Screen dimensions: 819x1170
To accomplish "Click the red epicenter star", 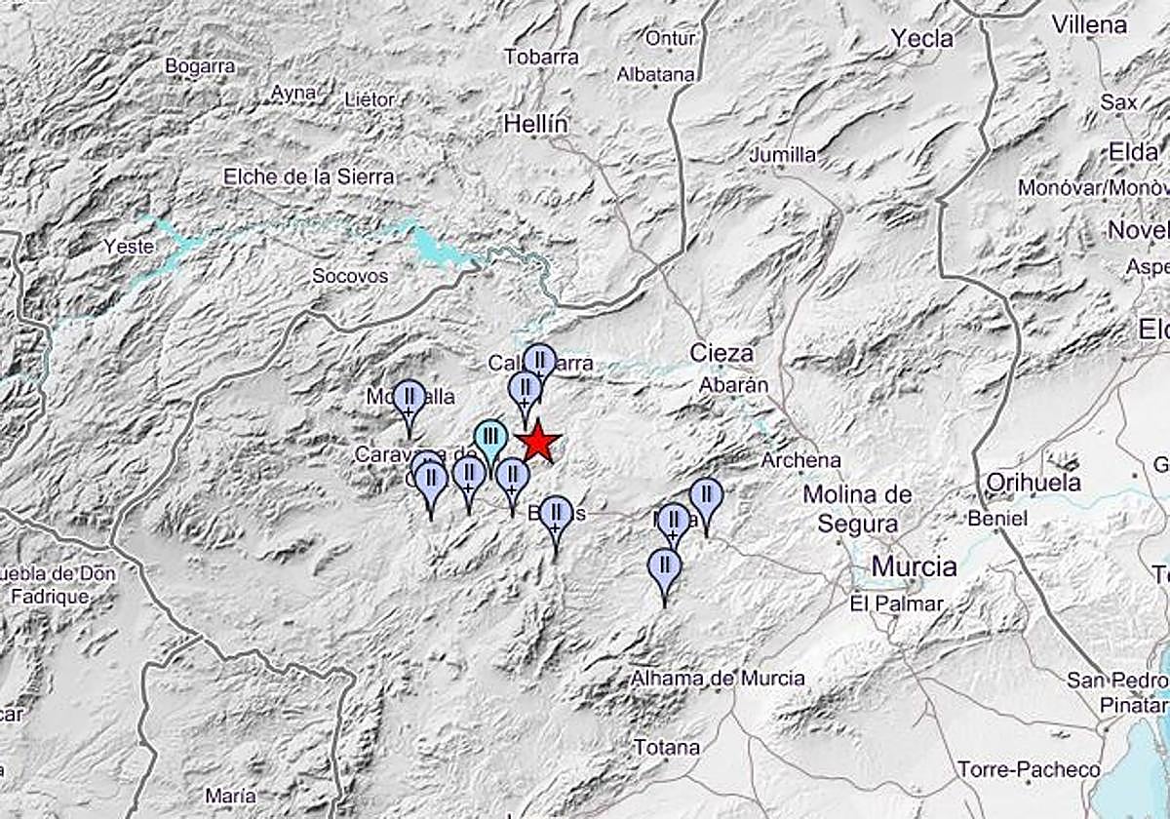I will coord(537,443).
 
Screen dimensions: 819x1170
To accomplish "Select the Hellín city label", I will coord(535,125).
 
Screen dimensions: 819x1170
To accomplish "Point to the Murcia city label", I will coord(914,566).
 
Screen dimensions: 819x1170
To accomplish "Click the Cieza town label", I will coord(721,353).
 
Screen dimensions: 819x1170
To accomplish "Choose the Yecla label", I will coord(921,39).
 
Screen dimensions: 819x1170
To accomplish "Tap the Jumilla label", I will coord(782,155).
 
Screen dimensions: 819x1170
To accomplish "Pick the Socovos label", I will coord(349,277).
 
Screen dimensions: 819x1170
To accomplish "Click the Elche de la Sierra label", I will coord(309,176).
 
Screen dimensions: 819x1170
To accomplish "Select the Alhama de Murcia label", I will coord(719,679).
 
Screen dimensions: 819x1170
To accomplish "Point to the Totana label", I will coord(666,748).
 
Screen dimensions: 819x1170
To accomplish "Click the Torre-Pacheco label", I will coord(1029,770).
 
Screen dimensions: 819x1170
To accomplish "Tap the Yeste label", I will coord(129,247).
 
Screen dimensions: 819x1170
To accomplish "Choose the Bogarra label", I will coord(200,66).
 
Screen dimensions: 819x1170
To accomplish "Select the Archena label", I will coord(801,459).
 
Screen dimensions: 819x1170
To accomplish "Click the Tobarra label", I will coord(541,58).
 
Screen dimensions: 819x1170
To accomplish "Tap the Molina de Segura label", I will coord(857,509).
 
